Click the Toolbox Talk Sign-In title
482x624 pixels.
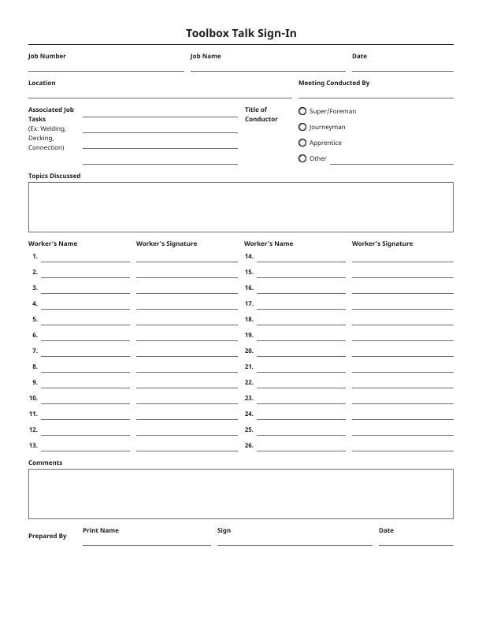[x=241, y=33]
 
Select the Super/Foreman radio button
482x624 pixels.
[x=302, y=111]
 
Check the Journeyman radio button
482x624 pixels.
[x=302, y=127]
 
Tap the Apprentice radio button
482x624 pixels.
[x=302, y=143]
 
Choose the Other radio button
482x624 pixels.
[x=302, y=158]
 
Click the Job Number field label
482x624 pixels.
[x=47, y=56]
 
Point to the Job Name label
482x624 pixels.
[x=206, y=56]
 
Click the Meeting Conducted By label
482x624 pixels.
[x=334, y=83]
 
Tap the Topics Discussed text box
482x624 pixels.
[x=241, y=207]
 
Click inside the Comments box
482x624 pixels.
[x=241, y=494]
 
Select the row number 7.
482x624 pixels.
[x=35, y=351]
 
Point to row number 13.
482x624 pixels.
[x=34, y=445]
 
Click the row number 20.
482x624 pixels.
[x=249, y=351]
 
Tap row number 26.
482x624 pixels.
[x=249, y=445]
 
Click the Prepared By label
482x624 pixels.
[x=47, y=536]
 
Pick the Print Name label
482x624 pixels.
[x=101, y=530]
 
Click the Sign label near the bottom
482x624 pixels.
[x=224, y=530]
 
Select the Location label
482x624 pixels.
[x=42, y=83]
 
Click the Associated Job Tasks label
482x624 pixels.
[x=51, y=114]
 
